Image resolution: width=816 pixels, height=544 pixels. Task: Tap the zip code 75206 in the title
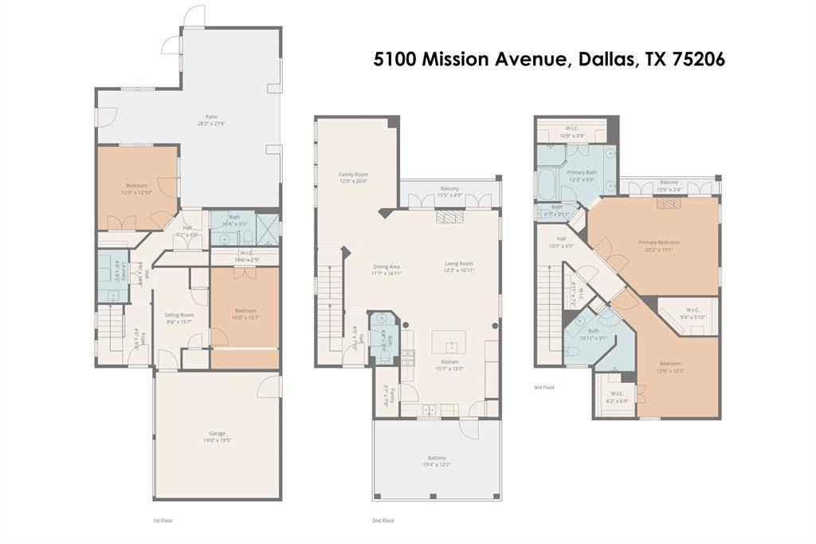coord(694,60)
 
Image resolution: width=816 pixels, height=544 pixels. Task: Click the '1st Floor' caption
coord(163,520)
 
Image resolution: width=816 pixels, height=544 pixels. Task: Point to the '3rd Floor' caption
coord(544,387)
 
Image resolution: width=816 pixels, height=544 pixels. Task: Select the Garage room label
coord(217,433)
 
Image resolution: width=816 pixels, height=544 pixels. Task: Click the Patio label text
coord(211,116)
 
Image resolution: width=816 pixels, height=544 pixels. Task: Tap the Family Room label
coord(353,174)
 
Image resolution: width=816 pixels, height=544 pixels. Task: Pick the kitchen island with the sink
coord(449,343)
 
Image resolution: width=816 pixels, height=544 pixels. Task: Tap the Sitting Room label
coord(178,314)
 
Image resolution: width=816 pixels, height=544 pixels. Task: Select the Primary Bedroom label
coord(658,242)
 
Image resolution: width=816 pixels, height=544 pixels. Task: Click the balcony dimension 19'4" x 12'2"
coord(437,464)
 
